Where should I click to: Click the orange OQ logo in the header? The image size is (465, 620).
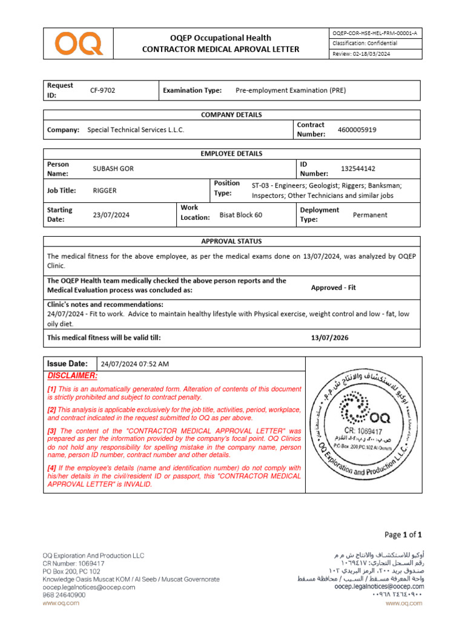coord(78,44)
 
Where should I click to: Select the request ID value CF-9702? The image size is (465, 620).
coord(102,90)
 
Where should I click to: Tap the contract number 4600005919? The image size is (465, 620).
coord(357,130)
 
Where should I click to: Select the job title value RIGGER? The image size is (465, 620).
coord(104,190)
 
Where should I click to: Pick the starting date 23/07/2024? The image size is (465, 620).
coord(111,215)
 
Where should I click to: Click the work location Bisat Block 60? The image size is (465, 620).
coord(240,215)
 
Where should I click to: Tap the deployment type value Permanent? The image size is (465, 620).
coord(370,215)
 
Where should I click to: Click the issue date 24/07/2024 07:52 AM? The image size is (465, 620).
coord(134,364)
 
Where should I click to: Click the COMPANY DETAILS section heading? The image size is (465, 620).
coord(231,115)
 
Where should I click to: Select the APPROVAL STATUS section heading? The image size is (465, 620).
coord(231,241)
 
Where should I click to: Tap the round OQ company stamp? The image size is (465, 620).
coord(362,424)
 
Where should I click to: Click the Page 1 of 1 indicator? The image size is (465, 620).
coord(403,534)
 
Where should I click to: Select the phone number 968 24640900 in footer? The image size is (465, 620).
coord(64,595)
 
